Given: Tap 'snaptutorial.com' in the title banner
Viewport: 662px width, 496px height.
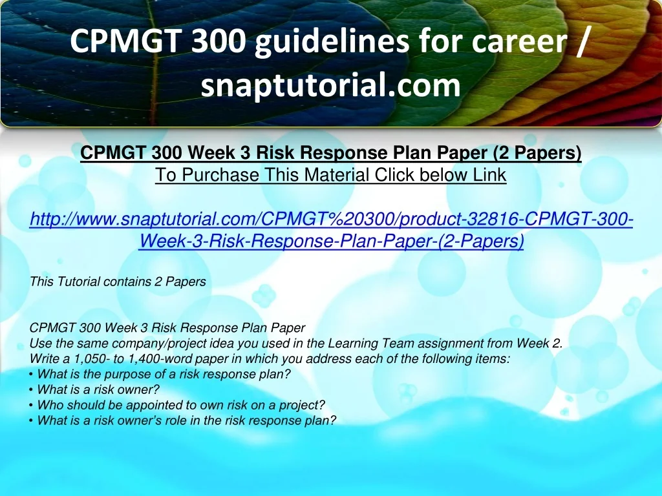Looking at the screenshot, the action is (330, 85).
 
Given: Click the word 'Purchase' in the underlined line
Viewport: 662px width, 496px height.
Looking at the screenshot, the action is (220, 174).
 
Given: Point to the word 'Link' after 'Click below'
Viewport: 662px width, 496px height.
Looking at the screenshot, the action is (490, 174).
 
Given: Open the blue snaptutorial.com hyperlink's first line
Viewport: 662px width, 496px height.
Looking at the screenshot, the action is (332, 219).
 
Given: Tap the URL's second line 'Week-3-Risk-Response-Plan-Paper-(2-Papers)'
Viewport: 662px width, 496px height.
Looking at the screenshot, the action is (332, 241).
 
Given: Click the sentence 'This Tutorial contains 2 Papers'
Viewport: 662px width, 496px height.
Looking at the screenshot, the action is (118, 282).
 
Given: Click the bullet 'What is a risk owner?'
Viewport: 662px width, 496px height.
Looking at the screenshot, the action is (98, 389).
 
